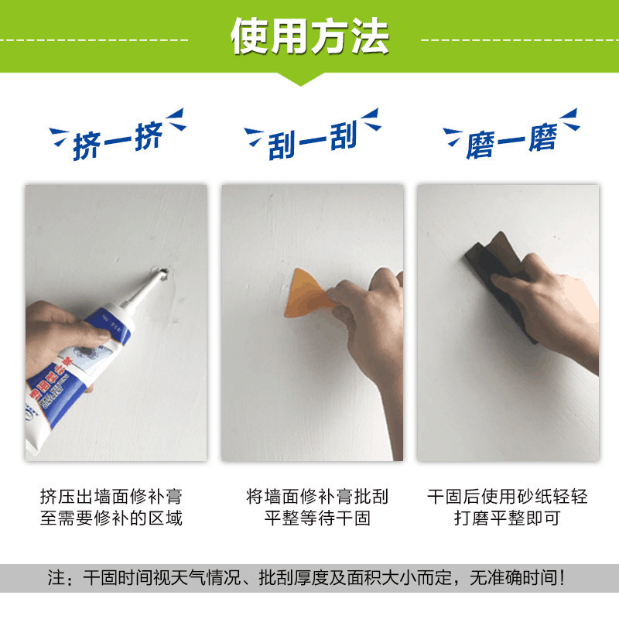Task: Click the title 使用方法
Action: click(309, 36)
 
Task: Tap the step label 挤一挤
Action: click(117, 142)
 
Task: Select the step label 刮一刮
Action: click(312, 140)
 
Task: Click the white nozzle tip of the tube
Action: click(154, 279)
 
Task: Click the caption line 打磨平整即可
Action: click(507, 518)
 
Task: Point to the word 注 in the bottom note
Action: click(55, 577)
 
